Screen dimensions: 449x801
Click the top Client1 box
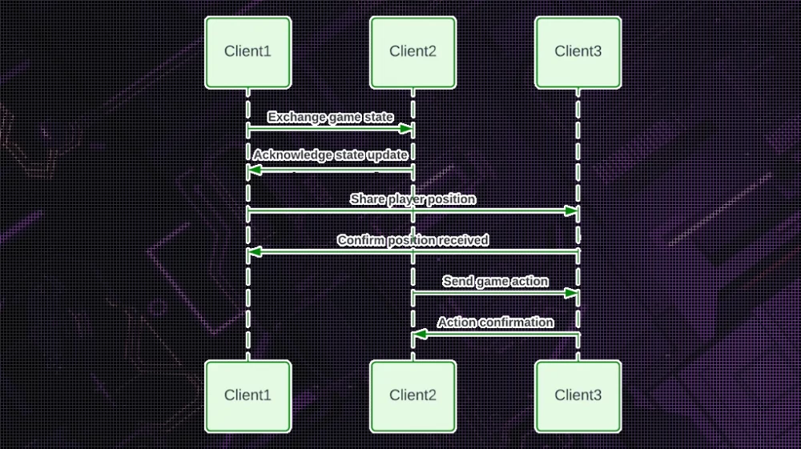pos(248,52)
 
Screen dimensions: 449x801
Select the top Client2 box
pos(413,52)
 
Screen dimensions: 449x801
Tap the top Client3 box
pos(578,52)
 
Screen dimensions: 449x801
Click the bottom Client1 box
pos(248,395)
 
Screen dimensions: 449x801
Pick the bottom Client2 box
pos(413,395)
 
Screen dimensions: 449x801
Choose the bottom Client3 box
pos(578,395)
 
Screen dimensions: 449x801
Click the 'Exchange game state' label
pos(330,117)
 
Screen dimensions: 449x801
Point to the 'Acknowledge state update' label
pos(330,154)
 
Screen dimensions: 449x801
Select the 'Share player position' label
pos(413,198)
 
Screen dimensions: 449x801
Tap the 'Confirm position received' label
pos(413,240)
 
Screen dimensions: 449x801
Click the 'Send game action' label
pos(495,281)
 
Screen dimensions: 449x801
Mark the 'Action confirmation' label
pos(495,322)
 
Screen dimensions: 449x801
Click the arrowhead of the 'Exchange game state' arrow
pos(406,128)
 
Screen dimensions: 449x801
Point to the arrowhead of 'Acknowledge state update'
pos(254,170)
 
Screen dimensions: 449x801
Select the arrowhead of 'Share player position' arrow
pos(571,210)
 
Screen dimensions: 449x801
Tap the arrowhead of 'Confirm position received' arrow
pos(254,252)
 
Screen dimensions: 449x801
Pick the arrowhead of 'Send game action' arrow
pos(571,293)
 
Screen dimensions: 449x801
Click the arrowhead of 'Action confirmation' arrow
pos(419,334)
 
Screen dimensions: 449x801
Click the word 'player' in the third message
pos(407,198)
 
